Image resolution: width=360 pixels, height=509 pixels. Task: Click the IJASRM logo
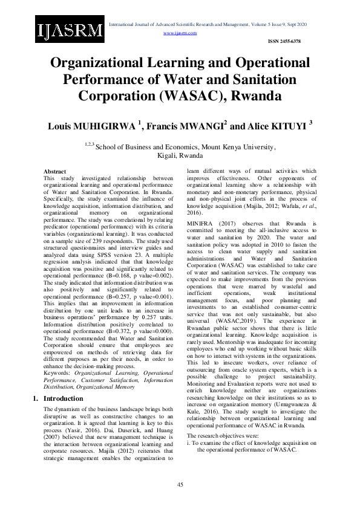pyautogui.click(x=70, y=31)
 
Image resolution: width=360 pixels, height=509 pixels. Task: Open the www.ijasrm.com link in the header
pyautogui.click(x=180, y=33)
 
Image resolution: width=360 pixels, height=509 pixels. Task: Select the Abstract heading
pyautogui.click(x=54, y=172)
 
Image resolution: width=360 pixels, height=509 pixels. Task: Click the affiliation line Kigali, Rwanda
pyautogui.click(x=180, y=155)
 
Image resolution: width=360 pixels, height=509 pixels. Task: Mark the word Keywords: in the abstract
pyautogui.click(x=57, y=356)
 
